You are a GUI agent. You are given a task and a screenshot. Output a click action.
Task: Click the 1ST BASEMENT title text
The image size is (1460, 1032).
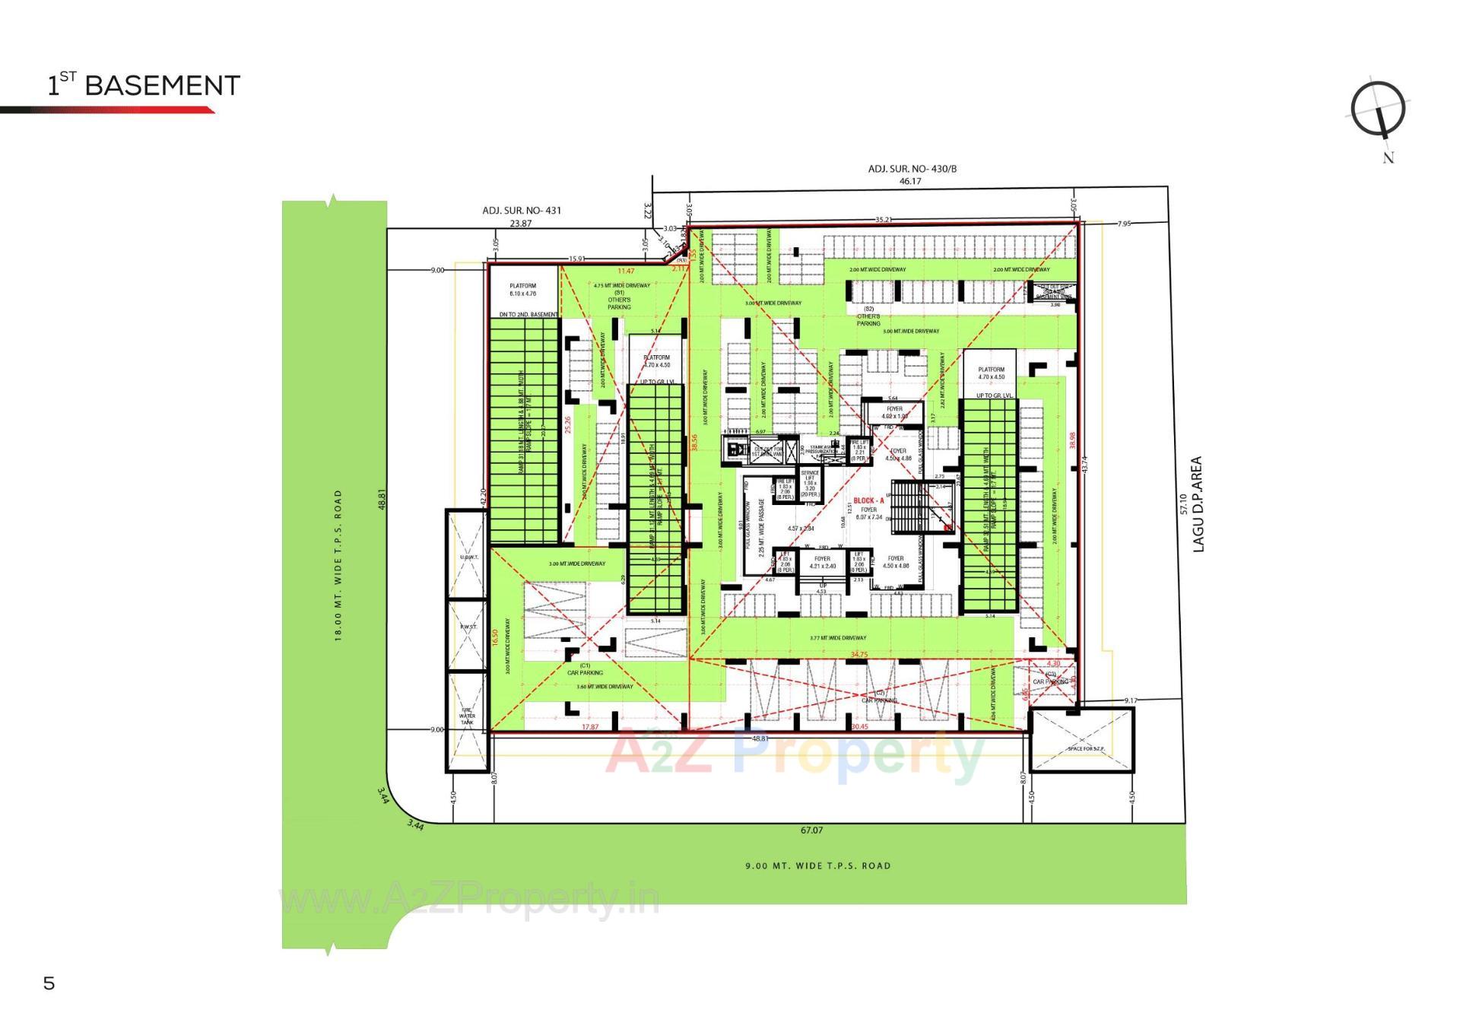[x=144, y=85]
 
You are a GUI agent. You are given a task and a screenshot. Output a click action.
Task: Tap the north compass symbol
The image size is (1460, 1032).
[x=1378, y=110]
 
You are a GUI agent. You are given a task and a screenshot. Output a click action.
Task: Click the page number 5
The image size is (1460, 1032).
[x=49, y=983]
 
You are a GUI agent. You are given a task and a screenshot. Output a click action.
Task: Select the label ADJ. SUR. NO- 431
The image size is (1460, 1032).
[x=522, y=211]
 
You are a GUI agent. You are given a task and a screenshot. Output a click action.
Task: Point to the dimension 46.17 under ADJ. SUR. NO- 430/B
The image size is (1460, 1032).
[x=910, y=181]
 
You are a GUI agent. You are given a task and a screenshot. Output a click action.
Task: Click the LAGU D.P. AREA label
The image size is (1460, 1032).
[x=1198, y=503]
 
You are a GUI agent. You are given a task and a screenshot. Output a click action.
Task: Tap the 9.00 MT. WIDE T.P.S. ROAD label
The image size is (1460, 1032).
[x=817, y=865]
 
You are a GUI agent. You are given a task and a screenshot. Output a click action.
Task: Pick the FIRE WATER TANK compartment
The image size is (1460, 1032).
[x=466, y=716]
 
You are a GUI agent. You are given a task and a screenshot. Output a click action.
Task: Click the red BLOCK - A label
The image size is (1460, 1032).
[x=869, y=500]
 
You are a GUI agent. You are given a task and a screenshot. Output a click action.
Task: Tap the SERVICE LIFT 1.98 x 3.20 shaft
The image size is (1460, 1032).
[x=810, y=484]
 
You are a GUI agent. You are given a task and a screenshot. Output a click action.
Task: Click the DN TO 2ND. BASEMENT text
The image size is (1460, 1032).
[x=528, y=314]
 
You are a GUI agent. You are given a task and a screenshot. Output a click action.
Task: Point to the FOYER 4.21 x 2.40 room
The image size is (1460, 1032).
[x=822, y=562]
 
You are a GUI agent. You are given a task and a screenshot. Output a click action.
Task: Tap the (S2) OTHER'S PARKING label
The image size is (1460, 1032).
[x=868, y=316]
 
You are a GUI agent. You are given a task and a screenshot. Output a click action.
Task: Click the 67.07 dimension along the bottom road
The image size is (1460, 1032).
[x=811, y=830]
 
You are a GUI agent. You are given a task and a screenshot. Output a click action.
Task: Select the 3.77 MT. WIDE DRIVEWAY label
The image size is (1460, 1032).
[x=838, y=638]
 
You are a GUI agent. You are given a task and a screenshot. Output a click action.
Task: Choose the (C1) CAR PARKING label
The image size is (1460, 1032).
[x=585, y=669]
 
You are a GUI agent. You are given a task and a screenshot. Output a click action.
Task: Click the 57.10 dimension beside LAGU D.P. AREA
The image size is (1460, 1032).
[x=1182, y=503]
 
